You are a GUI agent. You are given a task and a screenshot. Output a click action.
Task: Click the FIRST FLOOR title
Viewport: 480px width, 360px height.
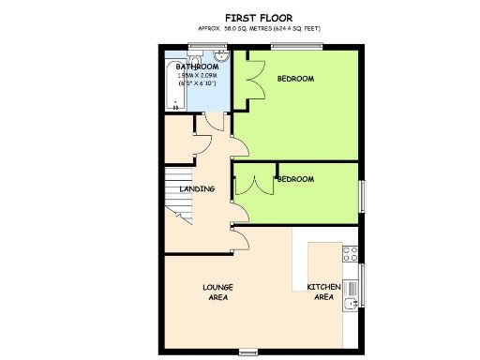click(x=258, y=17)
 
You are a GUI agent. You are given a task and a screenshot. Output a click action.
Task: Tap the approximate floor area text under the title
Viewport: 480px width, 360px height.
click(x=258, y=29)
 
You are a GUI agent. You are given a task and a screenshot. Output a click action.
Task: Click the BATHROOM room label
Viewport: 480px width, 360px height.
click(x=198, y=67)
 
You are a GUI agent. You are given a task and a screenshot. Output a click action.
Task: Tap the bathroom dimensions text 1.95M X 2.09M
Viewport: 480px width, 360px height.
click(x=198, y=77)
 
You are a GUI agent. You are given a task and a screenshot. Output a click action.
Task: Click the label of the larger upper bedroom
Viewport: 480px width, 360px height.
click(x=294, y=79)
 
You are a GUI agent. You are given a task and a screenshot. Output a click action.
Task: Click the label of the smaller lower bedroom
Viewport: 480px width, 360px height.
click(x=294, y=178)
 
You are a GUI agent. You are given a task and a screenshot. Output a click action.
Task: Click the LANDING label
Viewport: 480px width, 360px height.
click(x=197, y=188)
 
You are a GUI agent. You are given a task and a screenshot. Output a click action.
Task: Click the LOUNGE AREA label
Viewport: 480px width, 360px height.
click(x=217, y=291)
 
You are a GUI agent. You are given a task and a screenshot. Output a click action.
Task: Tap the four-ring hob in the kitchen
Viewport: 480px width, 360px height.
click(x=351, y=252)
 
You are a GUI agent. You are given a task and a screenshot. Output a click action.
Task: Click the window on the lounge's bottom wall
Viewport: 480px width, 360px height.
click(x=248, y=352)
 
